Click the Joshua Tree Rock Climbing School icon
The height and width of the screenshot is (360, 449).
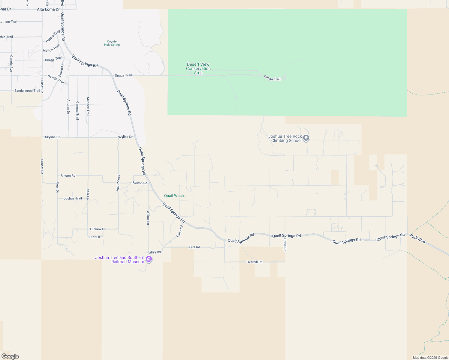[306, 138]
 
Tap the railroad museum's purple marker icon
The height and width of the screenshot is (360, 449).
[149, 259]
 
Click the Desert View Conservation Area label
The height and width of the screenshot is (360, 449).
[198, 68]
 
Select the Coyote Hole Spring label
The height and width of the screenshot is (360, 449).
[112, 43]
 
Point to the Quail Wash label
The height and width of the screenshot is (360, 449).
[174, 196]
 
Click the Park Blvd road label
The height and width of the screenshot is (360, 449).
[418, 239]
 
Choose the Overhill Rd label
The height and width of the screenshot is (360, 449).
[255, 262]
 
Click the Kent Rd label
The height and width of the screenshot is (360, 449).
[194, 247]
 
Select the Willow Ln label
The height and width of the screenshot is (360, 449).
[148, 217]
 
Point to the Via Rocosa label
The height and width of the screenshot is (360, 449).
[118, 182]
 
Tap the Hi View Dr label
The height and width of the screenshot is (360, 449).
[98, 229]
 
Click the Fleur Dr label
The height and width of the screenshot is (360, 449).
[58, 187]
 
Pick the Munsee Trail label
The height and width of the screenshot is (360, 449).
[88, 106]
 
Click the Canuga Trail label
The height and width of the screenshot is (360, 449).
[77, 110]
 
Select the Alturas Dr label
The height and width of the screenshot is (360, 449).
[68, 107]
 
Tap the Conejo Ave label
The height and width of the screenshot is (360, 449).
[11, 63]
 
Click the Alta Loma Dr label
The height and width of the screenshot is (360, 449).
[48, 9]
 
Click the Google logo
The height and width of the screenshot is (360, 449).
[10, 356]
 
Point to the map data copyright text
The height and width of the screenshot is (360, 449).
[430, 358]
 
